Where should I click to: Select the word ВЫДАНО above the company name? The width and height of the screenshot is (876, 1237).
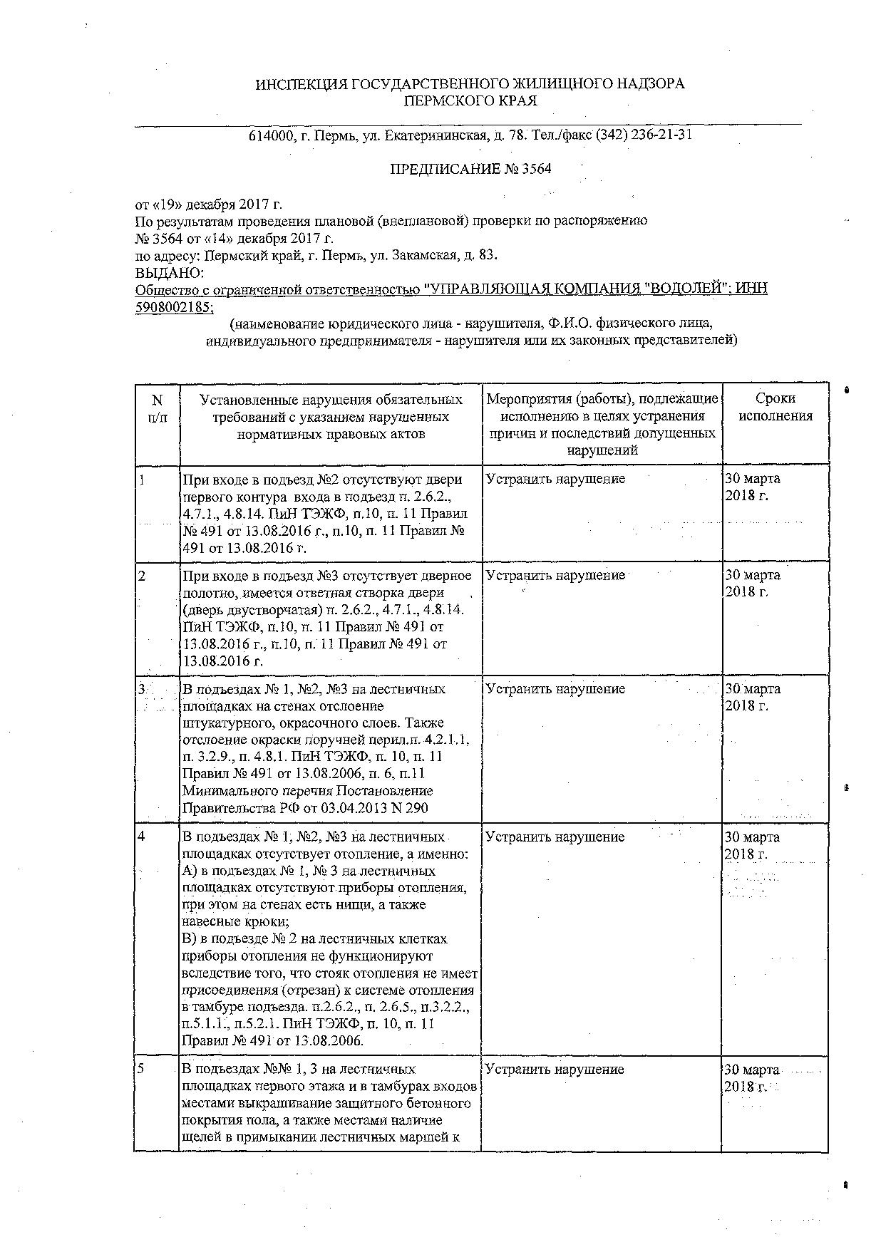170,272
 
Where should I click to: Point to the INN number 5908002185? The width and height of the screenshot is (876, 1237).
172,306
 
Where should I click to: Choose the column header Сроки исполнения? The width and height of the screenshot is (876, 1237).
775,407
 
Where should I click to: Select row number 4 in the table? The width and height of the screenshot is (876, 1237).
142,837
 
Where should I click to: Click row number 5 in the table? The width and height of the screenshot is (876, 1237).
142,1069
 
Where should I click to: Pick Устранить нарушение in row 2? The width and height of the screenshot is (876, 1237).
555,575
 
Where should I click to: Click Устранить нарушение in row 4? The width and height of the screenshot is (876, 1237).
555,837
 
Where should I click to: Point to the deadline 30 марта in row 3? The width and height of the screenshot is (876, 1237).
753,689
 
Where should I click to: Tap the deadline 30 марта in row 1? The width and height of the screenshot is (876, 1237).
753,479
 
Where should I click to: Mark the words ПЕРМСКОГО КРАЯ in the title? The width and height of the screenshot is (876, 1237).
470,101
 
